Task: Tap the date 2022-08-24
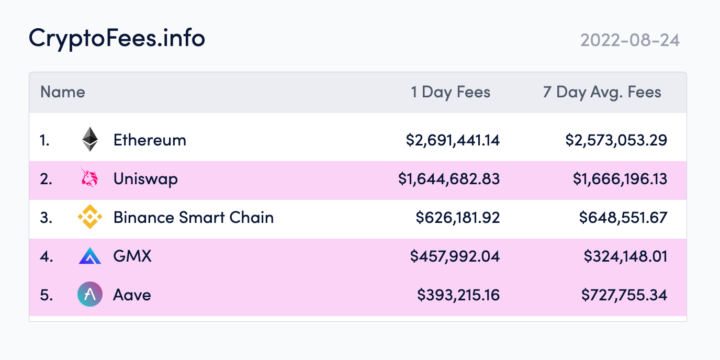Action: click(630, 40)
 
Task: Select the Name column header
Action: click(63, 92)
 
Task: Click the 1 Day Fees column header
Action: click(451, 93)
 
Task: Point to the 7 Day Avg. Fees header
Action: click(602, 93)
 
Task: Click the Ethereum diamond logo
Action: click(90, 139)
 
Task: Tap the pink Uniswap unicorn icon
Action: click(89, 177)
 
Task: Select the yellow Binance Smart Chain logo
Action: click(90, 217)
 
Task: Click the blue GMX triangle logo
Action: click(90, 256)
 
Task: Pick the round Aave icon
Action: click(90, 295)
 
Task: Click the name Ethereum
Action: click(150, 140)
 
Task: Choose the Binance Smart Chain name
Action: click(194, 218)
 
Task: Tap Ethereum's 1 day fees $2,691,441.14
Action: click(453, 140)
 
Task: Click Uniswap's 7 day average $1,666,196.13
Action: click(620, 179)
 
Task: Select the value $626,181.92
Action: click(458, 218)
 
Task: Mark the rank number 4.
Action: click(46, 257)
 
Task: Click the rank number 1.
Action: click(44, 140)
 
